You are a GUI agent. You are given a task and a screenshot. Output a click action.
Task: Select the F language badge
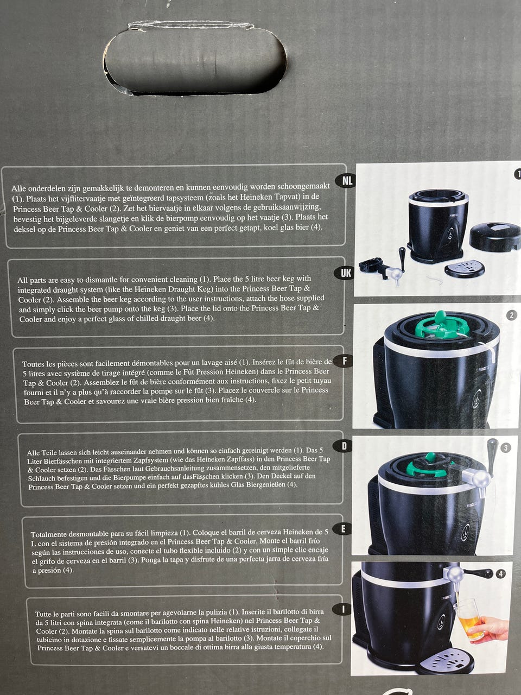(345, 361)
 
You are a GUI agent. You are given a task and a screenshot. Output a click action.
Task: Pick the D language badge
(344, 446)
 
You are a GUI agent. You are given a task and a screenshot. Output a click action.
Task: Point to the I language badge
(342, 609)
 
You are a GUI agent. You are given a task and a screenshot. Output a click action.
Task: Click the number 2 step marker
(512, 315)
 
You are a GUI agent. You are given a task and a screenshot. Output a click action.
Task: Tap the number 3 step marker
(506, 448)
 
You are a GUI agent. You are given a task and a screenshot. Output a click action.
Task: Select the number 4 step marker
(500, 573)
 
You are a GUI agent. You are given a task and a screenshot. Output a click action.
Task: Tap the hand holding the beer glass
(487, 627)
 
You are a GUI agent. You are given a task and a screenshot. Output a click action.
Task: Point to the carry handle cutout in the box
(195, 60)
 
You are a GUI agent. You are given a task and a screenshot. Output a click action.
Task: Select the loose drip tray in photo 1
(465, 269)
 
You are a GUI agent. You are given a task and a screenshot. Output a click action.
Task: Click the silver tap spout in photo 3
(478, 481)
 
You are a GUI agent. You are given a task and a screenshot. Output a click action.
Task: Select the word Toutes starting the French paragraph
(33, 364)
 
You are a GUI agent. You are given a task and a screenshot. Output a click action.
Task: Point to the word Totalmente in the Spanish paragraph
(49, 534)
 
